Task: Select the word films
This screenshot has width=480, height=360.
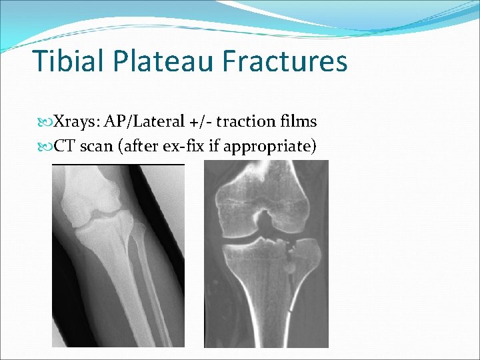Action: (297, 122)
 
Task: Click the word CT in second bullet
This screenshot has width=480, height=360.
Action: (64, 146)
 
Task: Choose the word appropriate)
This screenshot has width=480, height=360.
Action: (270, 146)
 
